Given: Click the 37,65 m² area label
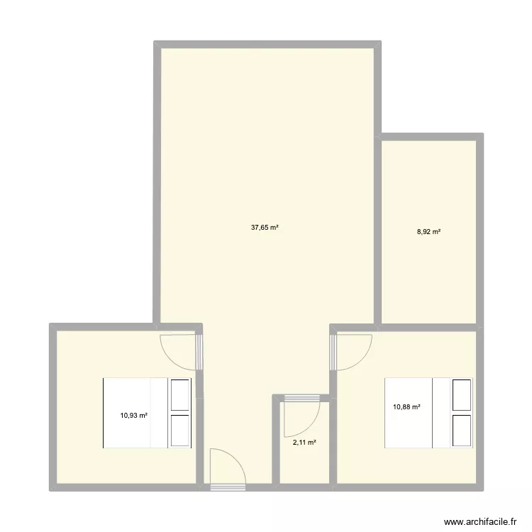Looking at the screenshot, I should tap(265, 228).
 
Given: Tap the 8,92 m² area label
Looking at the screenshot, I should tap(428, 231).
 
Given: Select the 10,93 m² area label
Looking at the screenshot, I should tap(134, 416).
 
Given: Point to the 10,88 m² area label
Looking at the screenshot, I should tap(407, 406).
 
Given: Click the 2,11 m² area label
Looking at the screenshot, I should tap(304, 443).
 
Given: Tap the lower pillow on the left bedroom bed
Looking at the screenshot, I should tap(180, 431).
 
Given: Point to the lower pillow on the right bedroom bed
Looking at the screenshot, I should tap(462, 431).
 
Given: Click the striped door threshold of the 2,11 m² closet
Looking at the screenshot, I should tap(301, 399).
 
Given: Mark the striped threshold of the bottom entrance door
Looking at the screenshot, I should tap(227, 487).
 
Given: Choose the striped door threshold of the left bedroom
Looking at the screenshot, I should tap(199, 352).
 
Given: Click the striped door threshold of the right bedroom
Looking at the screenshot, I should tap(333, 352).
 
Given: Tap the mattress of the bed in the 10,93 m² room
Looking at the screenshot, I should tap(135, 413).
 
